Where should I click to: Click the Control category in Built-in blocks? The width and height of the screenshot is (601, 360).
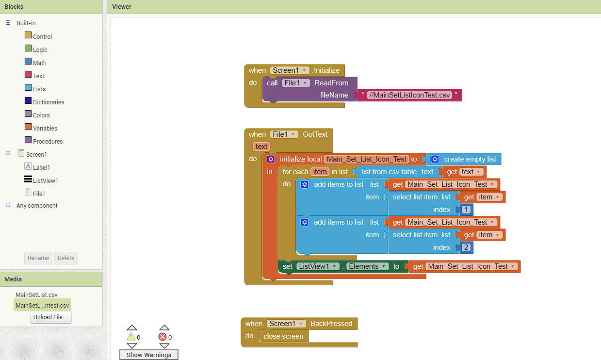42,36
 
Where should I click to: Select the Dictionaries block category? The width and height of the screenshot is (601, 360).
49,102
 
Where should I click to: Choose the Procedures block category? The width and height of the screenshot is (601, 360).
48,141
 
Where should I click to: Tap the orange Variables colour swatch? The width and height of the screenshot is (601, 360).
28,127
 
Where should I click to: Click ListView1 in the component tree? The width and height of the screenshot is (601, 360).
45,180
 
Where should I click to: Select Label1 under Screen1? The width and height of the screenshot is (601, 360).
41,167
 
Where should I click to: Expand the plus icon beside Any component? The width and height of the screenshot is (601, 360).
8,205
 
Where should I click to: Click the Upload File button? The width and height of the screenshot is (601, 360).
51,317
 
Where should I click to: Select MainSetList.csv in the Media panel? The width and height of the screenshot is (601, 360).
36,295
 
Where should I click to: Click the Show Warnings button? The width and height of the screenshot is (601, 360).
148,355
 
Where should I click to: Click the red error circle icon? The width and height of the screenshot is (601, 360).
162,337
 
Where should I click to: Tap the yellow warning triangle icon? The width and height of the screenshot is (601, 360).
131,337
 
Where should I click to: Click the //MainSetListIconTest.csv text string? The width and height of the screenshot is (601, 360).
409,95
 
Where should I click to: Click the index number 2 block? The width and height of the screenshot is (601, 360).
466,247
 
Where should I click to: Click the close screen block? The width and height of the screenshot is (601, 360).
283,336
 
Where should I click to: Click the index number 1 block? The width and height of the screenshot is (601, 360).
466,210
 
